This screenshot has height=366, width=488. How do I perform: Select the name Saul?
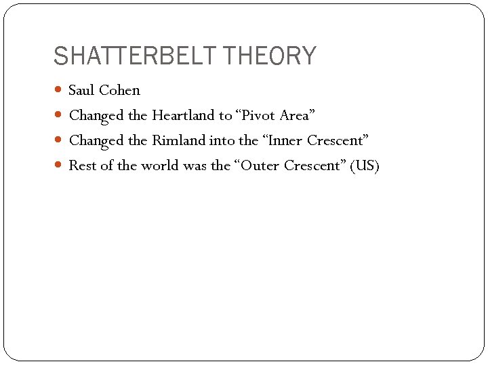(x=82, y=90)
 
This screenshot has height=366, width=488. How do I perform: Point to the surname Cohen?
(x=119, y=90)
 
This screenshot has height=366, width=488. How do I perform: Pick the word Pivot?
(x=257, y=115)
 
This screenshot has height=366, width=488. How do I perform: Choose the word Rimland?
(x=179, y=140)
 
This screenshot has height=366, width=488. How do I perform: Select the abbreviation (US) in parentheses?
(x=365, y=165)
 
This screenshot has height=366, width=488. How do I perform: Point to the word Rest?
(x=83, y=165)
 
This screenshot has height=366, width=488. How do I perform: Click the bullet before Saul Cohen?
(x=59, y=90)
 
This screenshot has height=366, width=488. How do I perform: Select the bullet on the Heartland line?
(x=59, y=115)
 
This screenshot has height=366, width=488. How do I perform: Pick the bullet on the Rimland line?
(x=59, y=140)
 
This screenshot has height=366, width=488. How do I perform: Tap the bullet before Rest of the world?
(x=59, y=165)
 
